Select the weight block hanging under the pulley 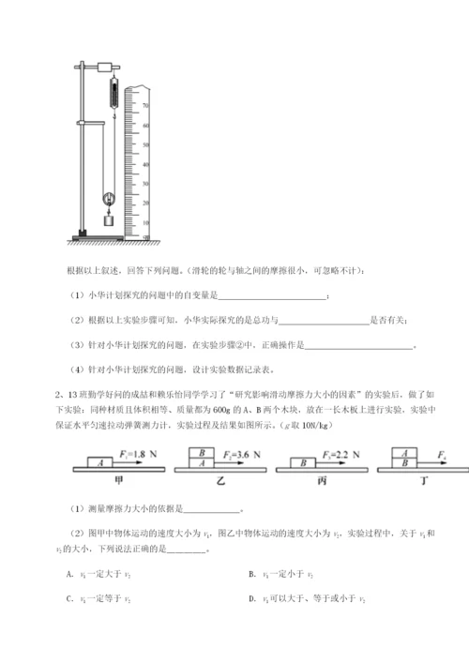coord(108,220)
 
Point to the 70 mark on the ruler coord(145,106)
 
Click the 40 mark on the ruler coord(145,162)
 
